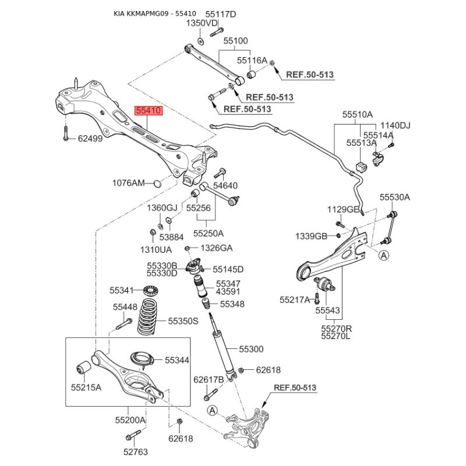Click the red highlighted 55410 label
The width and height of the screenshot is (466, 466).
point(149,111)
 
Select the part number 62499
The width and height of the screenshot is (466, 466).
point(90,139)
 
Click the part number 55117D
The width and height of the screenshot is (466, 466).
point(221,14)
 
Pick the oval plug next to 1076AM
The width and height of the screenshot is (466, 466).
point(157,183)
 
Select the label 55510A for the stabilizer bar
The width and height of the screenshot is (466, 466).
point(357,114)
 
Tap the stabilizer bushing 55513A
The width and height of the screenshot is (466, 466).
point(361,167)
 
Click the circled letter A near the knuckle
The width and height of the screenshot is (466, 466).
point(212,411)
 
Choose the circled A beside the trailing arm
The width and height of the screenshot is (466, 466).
point(384,255)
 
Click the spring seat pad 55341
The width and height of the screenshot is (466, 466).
point(151,290)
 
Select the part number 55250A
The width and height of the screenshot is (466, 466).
point(209,234)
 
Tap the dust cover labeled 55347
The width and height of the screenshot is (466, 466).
point(200,286)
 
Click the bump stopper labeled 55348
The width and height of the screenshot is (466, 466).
point(206,304)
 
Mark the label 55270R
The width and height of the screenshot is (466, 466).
point(336,329)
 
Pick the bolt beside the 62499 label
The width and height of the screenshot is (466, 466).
point(66,133)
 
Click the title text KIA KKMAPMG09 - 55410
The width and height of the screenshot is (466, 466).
point(155,13)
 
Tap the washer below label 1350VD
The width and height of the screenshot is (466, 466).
point(201,41)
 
